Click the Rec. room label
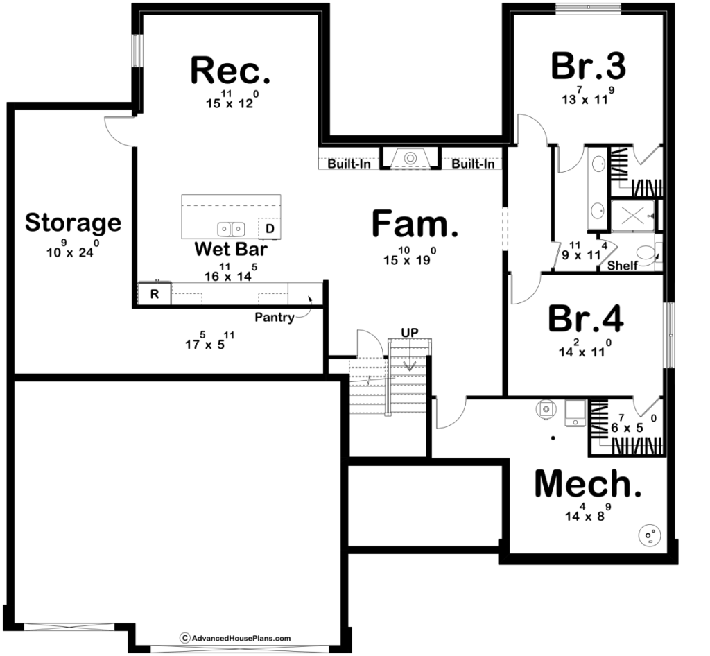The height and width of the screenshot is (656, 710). click(x=230, y=70)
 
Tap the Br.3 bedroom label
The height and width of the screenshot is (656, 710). click(x=588, y=66)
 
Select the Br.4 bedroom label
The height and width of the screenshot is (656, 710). click(x=585, y=318)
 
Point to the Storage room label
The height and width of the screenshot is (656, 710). click(x=73, y=223)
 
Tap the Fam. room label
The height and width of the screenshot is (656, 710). click(x=415, y=224)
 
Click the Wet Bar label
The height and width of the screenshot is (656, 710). click(x=230, y=249)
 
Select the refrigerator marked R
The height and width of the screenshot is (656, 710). click(x=155, y=294)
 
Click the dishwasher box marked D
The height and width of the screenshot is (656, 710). click(x=270, y=229)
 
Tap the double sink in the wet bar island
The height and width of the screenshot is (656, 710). click(x=232, y=230)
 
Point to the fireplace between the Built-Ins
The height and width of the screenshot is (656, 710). click(x=410, y=158)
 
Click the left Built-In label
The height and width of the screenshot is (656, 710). click(x=349, y=164)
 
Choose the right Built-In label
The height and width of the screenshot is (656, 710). click(x=473, y=164)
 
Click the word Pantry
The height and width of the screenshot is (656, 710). click(x=275, y=317)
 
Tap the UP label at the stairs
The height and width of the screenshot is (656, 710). click(x=410, y=333)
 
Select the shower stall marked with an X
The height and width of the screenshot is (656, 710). click(x=632, y=216)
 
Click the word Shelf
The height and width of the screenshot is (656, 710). click(x=622, y=266)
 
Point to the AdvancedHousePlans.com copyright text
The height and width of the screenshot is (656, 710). click(x=236, y=639)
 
